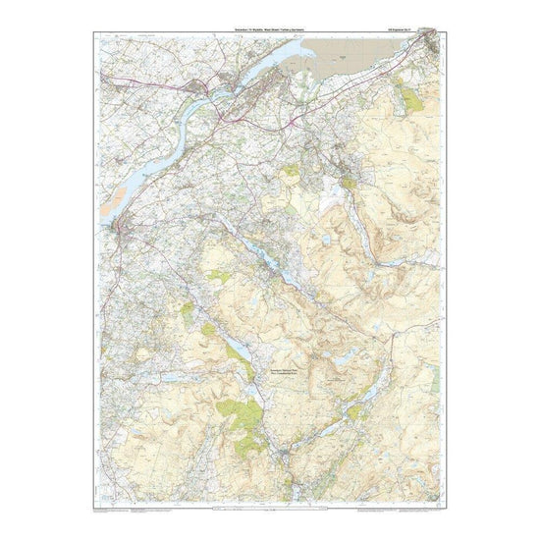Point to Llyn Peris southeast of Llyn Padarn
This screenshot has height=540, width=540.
pyautogui.click(x=292, y=281)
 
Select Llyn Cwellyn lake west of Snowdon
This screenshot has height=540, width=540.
pyautogui.click(x=239, y=350)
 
